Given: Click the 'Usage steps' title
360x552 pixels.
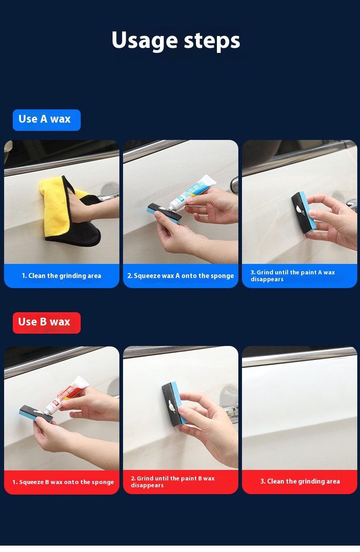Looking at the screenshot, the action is click(176, 41).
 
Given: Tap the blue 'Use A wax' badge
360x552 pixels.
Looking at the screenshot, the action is click(46, 120).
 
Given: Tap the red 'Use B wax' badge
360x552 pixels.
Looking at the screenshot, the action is click(46, 323).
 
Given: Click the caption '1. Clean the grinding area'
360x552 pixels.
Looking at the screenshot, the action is click(62, 276).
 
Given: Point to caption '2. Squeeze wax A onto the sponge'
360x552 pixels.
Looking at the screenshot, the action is click(180, 276).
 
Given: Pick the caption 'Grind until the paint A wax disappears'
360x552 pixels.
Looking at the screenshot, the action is click(293, 276).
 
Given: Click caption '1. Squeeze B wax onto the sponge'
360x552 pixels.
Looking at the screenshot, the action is click(63, 482).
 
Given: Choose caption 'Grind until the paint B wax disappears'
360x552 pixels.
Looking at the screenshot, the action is click(173, 482).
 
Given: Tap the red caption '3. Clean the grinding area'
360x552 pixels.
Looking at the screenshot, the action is click(300, 481).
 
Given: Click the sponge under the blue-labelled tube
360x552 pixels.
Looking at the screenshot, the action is click(164, 213).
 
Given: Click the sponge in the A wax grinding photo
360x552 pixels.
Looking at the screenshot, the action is click(304, 212).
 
